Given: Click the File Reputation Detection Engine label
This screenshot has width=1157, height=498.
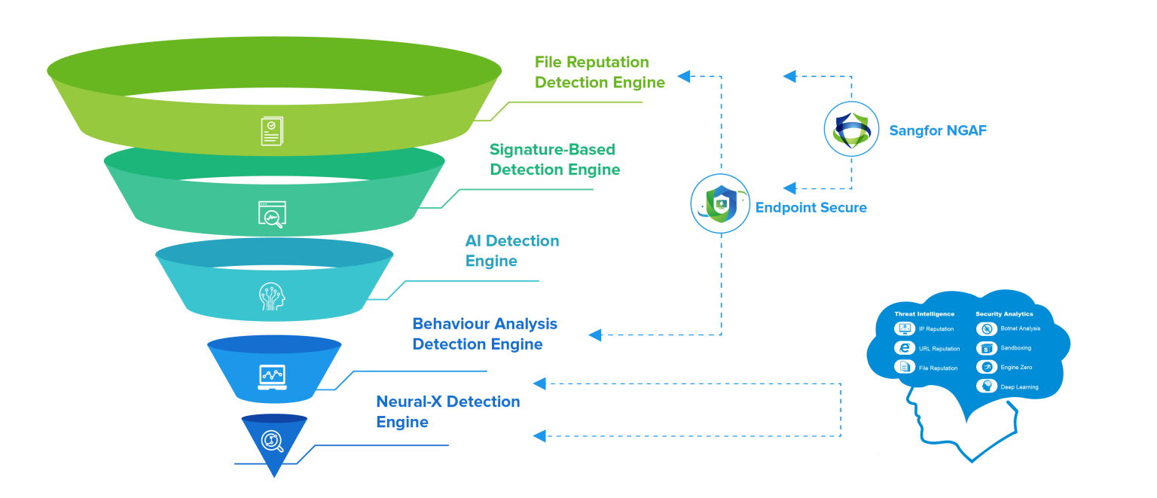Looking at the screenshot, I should click(600, 72).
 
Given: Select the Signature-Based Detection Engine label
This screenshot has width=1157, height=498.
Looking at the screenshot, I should click(554, 160).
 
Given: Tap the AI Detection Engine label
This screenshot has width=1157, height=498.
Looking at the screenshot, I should click(512, 251).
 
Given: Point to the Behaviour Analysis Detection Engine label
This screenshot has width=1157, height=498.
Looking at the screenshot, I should click(484, 334).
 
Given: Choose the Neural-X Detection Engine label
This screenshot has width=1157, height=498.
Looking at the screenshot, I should click(447, 411).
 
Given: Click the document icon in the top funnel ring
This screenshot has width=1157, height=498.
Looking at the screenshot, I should click(272, 131).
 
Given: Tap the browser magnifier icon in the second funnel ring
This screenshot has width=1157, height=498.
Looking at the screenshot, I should click(271, 215).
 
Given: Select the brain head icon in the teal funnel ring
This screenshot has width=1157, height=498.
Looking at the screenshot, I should click(272, 295).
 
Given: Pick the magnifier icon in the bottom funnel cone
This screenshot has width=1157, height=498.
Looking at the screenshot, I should click(273, 441).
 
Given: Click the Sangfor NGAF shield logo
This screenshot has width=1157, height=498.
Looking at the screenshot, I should click(851, 130).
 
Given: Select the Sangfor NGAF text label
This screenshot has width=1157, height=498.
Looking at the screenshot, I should click(937, 130).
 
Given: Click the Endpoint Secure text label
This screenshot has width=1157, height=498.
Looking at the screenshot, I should click(811, 207).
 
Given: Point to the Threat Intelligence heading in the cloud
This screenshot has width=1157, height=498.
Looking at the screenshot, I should click(924, 313).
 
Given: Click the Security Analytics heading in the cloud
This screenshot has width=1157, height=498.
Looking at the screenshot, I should click(1004, 313).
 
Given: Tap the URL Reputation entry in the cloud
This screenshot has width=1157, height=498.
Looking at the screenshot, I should click(939, 349).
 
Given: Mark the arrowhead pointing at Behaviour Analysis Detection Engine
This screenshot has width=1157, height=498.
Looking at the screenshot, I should click(595, 335).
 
